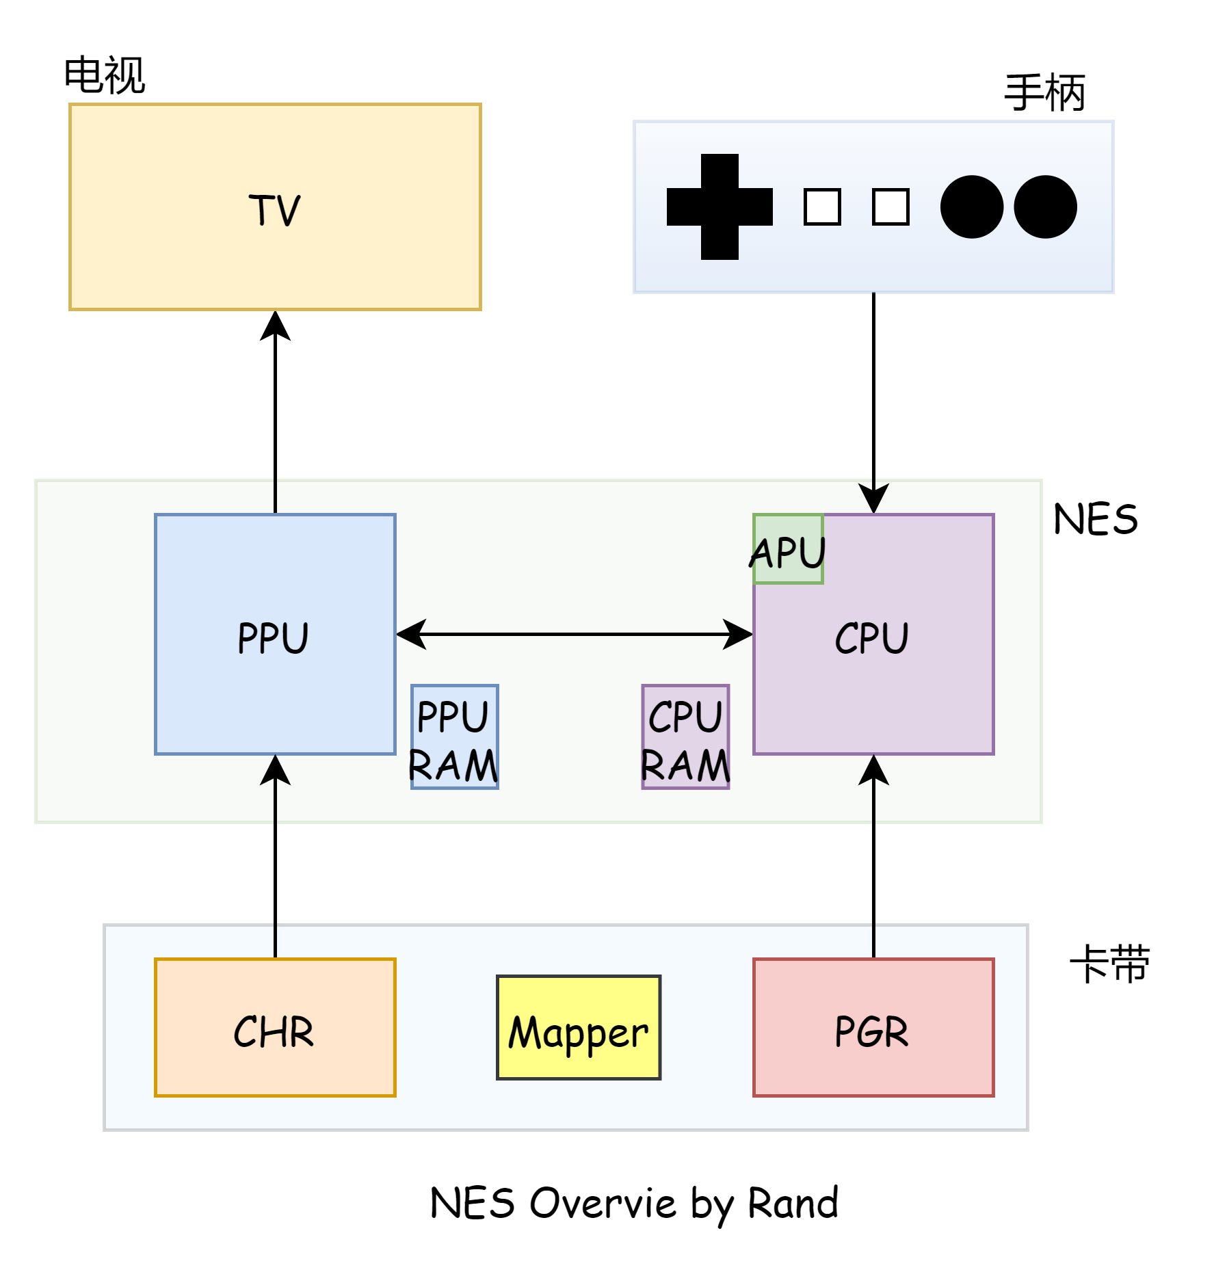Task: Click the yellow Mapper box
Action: tap(579, 1027)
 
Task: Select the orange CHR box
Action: tap(275, 1027)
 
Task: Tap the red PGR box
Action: tap(873, 1027)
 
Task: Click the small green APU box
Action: tap(788, 548)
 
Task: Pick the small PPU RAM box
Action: tap(455, 737)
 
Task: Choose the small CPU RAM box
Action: tap(685, 737)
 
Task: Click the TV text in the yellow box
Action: tap(274, 210)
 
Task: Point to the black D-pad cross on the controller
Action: tap(720, 207)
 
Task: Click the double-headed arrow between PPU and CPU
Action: tap(575, 634)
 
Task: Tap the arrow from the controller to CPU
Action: tap(873, 403)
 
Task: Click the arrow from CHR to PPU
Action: tap(275, 856)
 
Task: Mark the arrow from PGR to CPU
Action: tap(873, 856)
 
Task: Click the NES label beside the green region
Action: tap(1096, 519)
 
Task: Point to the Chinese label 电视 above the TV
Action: tap(105, 75)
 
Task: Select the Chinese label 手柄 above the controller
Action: tap(1044, 92)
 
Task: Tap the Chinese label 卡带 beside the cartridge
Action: tap(1109, 964)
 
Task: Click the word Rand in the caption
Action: tap(793, 1203)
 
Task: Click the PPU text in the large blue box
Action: tap(274, 638)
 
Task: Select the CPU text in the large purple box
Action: tap(872, 638)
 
